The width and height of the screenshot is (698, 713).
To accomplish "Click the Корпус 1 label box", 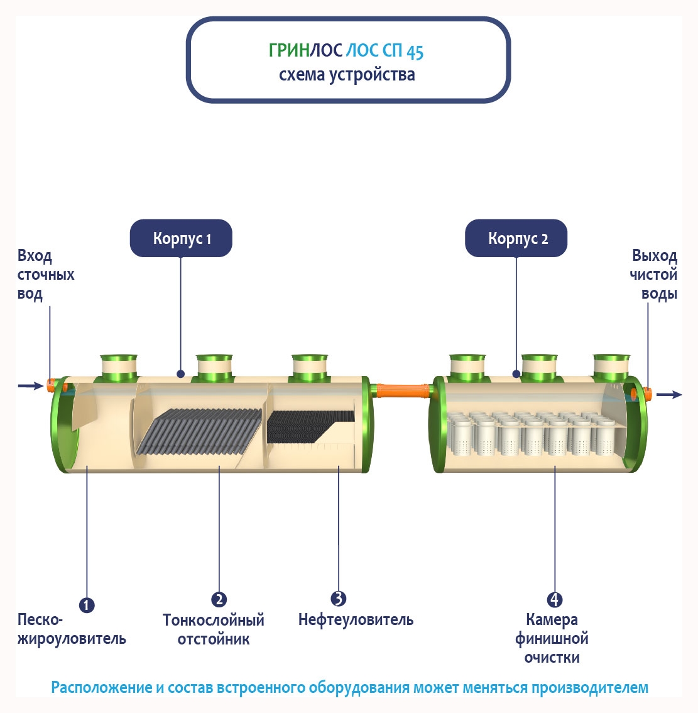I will point(181,238).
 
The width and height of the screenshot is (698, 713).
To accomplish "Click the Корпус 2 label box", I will point(516,238).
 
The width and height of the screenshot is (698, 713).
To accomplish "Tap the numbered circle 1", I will point(87,605).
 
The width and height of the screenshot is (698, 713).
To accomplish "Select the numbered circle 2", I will point(219,599).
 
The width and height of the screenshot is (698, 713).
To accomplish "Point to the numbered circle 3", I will point(338,599).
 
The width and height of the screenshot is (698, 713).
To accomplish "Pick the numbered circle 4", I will point(555,599).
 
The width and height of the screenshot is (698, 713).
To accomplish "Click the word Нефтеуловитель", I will point(356,620).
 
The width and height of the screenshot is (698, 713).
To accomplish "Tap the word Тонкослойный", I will point(214,621).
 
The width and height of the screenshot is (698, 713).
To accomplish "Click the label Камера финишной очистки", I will point(552,639).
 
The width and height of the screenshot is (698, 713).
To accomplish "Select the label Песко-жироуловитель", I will point(71,629).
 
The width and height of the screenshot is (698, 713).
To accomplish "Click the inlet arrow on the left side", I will point(29,385).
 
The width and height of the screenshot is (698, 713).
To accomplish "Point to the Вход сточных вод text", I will point(45,275).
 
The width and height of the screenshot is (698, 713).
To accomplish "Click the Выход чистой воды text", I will point(654,275).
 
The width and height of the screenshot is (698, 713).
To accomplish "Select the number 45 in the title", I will point(415,52).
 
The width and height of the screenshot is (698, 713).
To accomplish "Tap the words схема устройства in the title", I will point(347,75).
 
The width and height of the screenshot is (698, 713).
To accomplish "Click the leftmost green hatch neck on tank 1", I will point(119,368).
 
